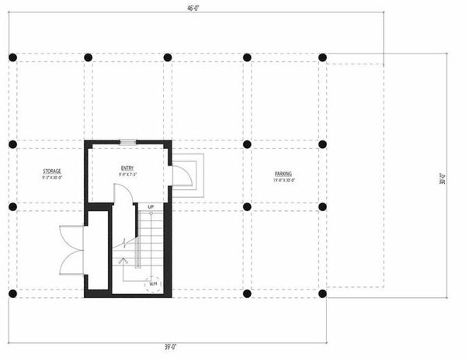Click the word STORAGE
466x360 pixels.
pyautogui.click(x=52, y=171)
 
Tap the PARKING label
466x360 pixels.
pyautogui.click(x=283, y=173)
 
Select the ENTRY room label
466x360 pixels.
pyautogui.click(x=127, y=168)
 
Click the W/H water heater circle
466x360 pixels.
pyautogui.click(x=154, y=284)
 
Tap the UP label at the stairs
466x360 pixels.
pyautogui.click(x=151, y=206)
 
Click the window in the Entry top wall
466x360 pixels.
pyautogui.click(x=127, y=142)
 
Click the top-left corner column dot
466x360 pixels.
pyautogui.click(x=12, y=57)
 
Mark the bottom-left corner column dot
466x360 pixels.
pyautogui.click(x=12, y=293)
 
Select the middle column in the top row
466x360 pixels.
pyautogui.click(x=167, y=57)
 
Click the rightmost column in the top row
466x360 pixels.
pyautogui.click(x=322, y=57)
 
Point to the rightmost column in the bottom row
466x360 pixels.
pyautogui.click(x=322, y=293)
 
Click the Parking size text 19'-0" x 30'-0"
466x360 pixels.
pyautogui.click(x=283, y=180)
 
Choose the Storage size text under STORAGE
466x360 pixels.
pyautogui.click(x=52, y=178)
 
